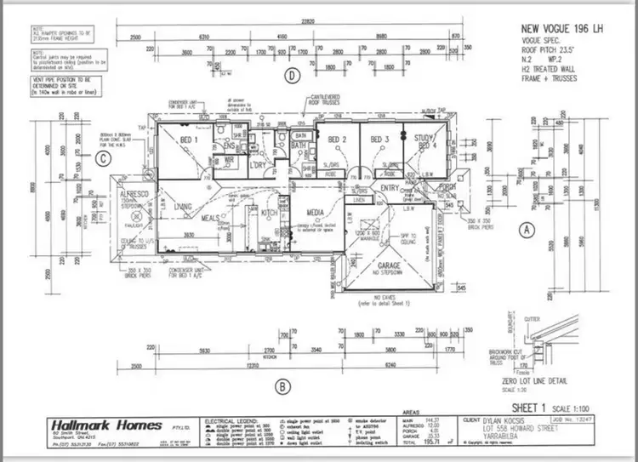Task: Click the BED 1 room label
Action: (x=189, y=139)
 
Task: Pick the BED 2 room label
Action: (x=338, y=139)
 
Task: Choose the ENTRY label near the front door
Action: (x=390, y=189)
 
